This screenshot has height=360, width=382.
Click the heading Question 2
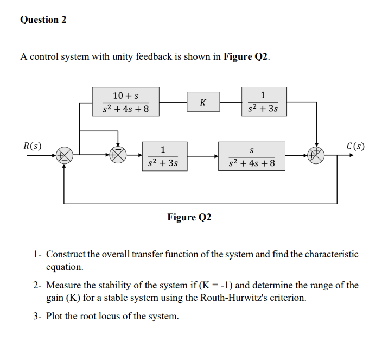(x=43, y=20)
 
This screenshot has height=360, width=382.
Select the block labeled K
(x=202, y=102)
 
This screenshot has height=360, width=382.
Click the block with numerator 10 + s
(x=125, y=102)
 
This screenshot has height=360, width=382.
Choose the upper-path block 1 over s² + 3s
(x=263, y=102)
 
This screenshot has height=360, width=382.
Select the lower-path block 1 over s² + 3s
(x=163, y=156)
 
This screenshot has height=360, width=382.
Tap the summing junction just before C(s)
(x=316, y=155)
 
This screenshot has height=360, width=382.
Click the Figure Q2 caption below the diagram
(x=189, y=217)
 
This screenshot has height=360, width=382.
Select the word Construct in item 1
(x=66, y=254)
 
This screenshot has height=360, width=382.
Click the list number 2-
(x=37, y=285)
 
